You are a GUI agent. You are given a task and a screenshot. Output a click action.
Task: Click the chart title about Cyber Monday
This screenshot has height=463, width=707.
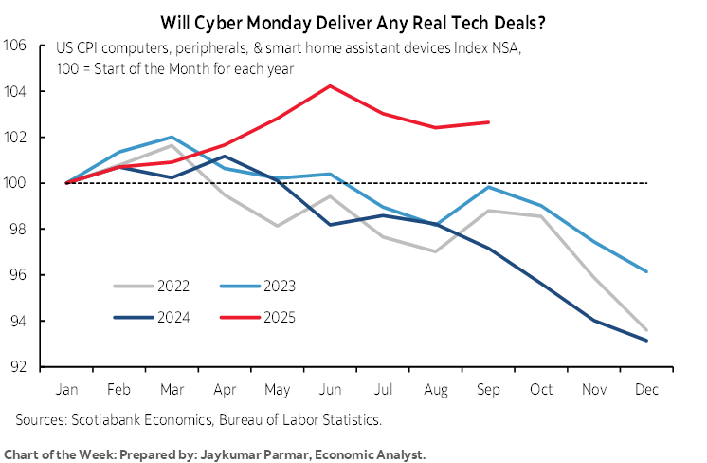pyautogui.click(x=353, y=18)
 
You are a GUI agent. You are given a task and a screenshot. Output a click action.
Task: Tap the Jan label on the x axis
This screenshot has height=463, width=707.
pyautogui.click(x=66, y=389)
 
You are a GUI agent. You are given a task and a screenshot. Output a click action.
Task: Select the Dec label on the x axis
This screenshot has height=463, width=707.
pyautogui.click(x=647, y=389)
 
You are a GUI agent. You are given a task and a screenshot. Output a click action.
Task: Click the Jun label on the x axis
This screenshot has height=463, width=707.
pyautogui.click(x=330, y=389)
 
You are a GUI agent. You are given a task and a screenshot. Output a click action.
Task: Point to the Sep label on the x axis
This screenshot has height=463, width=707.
pyautogui.click(x=488, y=389)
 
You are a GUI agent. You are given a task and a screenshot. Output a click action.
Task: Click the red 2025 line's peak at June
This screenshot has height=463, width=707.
pyautogui.click(x=330, y=86)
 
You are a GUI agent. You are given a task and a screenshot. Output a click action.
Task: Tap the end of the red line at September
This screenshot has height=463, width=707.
pyautogui.click(x=487, y=122)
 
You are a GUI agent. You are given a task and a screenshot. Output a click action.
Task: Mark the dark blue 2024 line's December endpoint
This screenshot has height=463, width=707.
pyautogui.click(x=647, y=341)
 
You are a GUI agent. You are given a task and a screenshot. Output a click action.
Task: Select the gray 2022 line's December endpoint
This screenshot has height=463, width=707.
pyautogui.click(x=647, y=330)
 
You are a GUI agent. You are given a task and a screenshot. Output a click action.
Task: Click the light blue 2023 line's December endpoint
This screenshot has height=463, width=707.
pyautogui.click(x=647, y=271)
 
